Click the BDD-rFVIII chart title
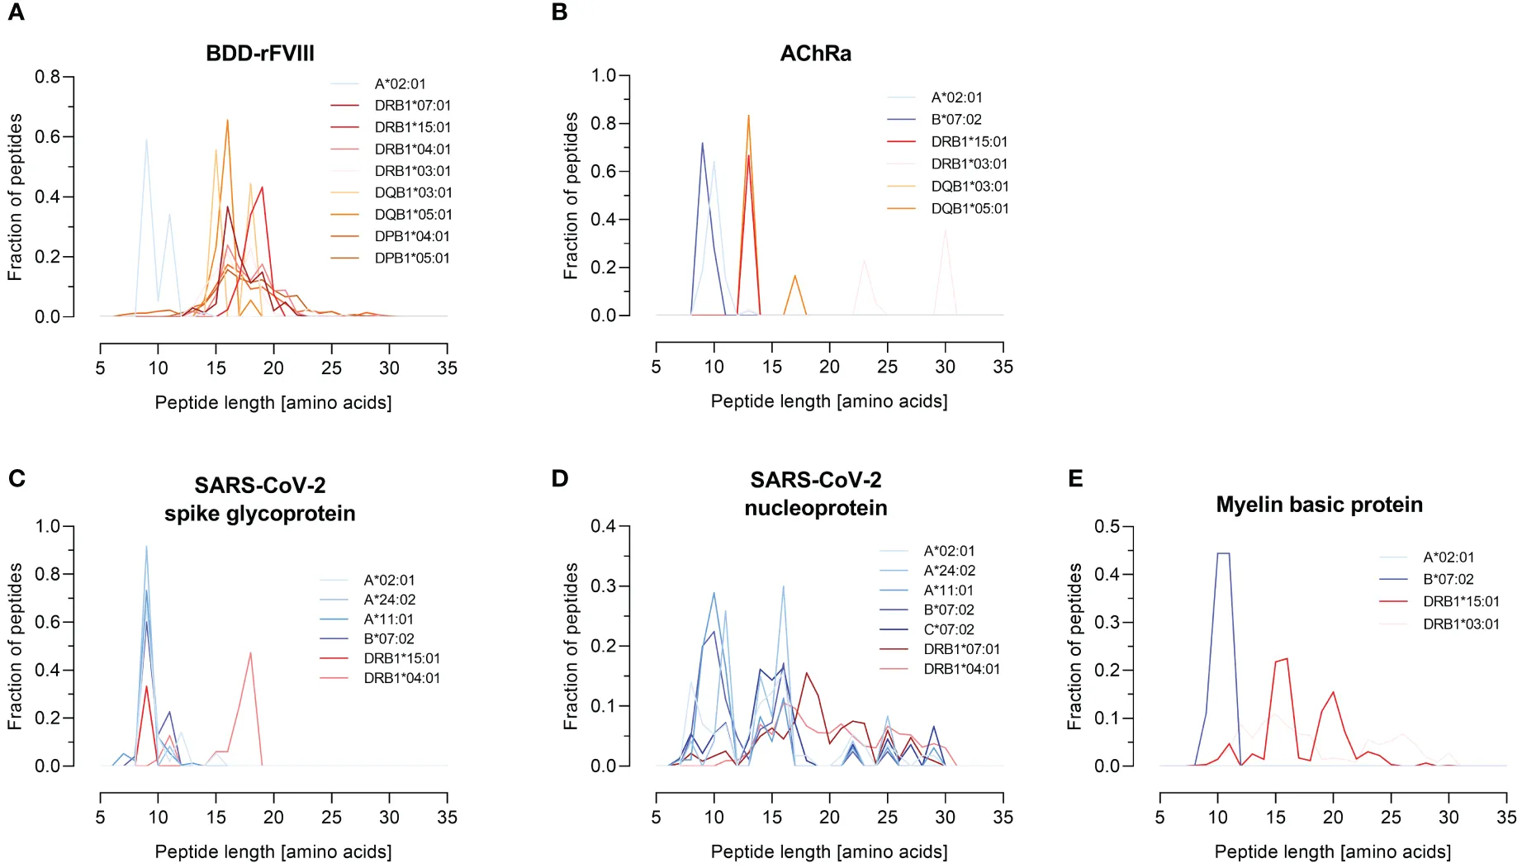click(260, 54)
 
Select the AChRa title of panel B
click(815, 54)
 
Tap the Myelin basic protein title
click(1319, 505)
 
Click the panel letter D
click(560, 479)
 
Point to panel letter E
click(1075, 479)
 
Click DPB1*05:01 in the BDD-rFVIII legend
click(412, 259)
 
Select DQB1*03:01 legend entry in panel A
click(413, 192)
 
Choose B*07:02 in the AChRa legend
click(956, 120)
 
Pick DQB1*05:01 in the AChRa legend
click(970, 209)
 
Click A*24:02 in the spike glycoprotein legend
click(389, 600)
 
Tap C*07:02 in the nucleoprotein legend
click(949, 629)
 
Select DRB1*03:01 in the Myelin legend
click(1460, 624)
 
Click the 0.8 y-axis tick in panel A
click(47, 77)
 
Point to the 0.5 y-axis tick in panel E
click(1107, 526)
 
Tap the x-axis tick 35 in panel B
click(1003, 367)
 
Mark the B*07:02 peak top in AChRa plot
click(703, 143)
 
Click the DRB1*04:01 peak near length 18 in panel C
click(250, 652)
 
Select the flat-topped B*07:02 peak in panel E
click(1223, 553)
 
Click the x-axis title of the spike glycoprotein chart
click(273, 851)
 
